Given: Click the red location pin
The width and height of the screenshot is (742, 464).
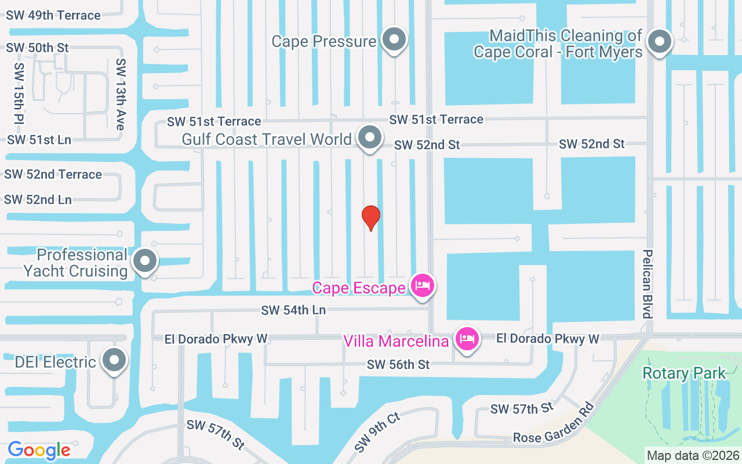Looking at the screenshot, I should click(x=371, y=217).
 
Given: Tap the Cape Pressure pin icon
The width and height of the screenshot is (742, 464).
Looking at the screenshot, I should click(x=395, y=41).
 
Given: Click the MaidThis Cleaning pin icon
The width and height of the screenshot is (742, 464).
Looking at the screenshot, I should click(x=659, y=42).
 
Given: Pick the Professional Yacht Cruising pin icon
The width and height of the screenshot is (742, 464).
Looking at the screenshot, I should click(x=144, y=261).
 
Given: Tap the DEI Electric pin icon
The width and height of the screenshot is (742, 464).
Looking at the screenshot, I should click(x=114, y=360).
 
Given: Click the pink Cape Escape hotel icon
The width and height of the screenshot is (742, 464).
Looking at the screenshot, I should click(x=423, y=285).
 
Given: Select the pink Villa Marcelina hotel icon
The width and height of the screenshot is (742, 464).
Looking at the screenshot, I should click(x=467, y=338).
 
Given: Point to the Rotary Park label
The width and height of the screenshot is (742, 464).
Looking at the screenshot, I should click(x=684, y=373).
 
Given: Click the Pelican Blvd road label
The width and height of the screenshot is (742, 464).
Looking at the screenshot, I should click(x=648, y=284).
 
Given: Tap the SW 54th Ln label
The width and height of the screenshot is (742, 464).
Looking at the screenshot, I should click(x=293, y=310).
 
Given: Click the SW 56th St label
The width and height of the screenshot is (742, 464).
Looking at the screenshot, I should click(x=398, y=364).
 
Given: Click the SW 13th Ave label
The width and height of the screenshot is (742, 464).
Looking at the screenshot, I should click(x=121, y=94).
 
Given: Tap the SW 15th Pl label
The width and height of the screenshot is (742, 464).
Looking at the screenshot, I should click(x=19, y=94).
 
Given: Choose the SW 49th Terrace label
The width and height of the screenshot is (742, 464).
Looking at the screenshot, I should click(x=53, y=16).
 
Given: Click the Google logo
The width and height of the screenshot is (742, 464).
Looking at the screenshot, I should click(x=39, y=449).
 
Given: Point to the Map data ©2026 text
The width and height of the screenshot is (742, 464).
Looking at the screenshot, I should click(x=693, y=456).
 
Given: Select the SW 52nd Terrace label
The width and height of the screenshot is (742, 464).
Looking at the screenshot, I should click(x=53, y=174).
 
